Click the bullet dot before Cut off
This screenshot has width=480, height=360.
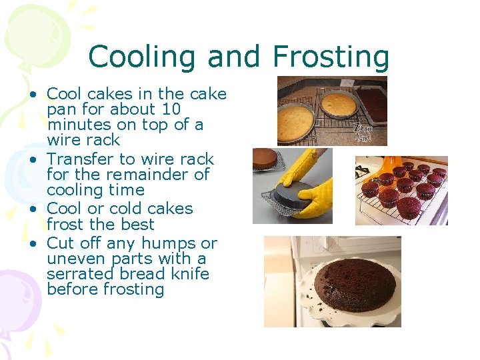coord(33,244)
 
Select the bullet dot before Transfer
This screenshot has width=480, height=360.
coord(33,160)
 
